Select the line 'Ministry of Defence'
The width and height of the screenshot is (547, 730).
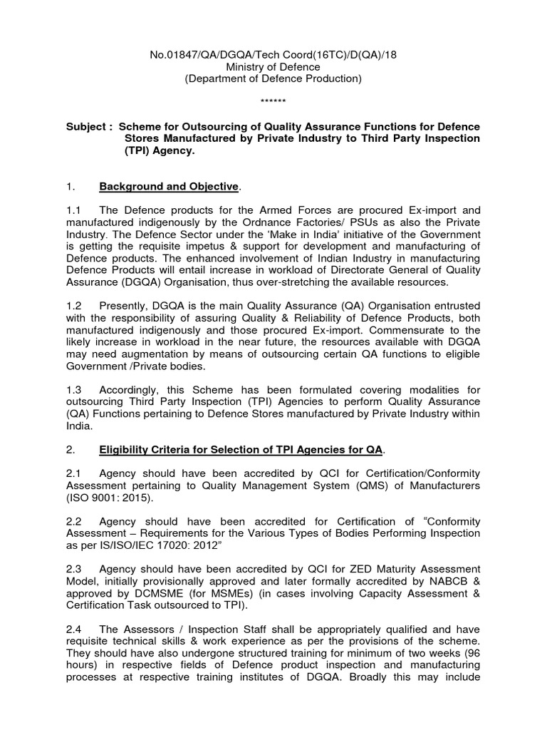pyautogui.click(x=273, y=67)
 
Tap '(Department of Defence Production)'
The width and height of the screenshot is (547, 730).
pyautogui.click(x=273, y=79)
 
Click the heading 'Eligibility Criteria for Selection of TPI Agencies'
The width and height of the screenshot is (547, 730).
pyautogui.click(x=241, y=450)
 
